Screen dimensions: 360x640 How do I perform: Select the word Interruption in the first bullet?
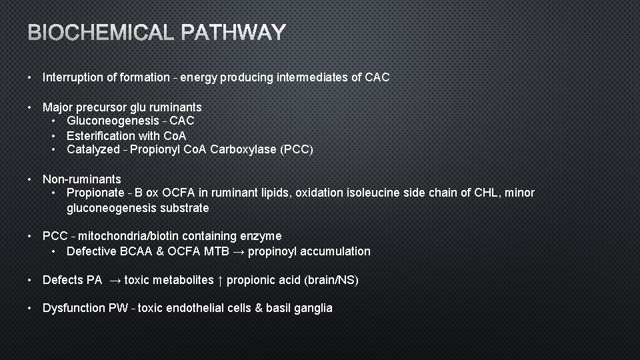(x=72, y=77)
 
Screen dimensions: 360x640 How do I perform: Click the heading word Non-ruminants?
(x=82, y=179)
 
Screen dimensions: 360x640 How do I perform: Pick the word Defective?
(x=91, y=251)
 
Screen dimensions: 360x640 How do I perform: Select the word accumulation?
(x=338, y=251)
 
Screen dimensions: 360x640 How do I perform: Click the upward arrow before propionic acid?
(x=219, y=280)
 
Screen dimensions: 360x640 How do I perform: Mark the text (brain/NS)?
(x=331, y=280)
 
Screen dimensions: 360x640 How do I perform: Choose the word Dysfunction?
(x=73, y=308)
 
